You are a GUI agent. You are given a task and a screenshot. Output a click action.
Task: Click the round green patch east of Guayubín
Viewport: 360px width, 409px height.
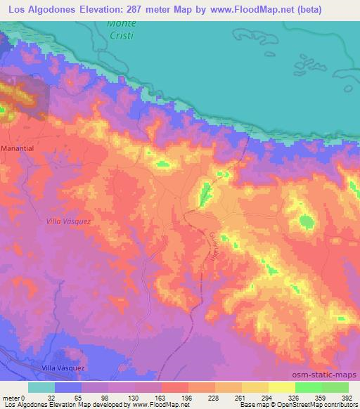point(306,222)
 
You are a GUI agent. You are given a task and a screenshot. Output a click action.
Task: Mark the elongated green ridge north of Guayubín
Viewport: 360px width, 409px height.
point(205,193)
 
